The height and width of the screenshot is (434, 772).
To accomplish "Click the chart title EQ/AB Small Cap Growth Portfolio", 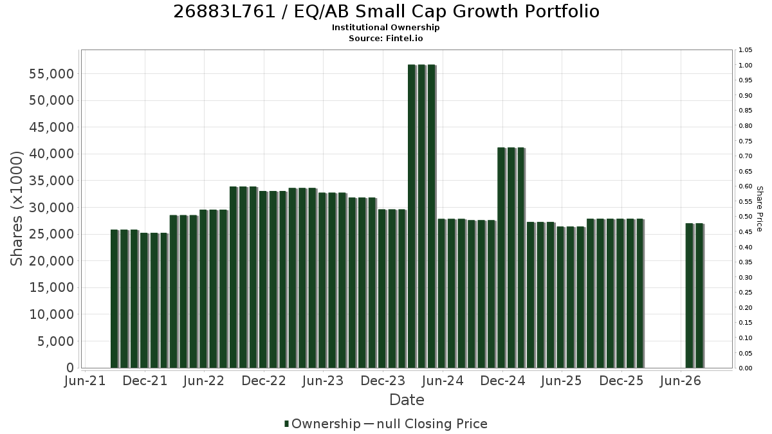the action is [x=446, y=12].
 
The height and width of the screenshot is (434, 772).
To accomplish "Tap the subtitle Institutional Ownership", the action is [x=385, y=28].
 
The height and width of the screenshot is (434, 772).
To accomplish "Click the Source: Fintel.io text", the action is [x=385, y=38].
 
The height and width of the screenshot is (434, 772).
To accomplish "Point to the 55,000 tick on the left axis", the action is [x=51, y=74].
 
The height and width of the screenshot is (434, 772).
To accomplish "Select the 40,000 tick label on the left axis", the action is [x=51, y=154].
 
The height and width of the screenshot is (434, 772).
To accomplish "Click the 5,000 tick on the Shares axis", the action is [x=56, y=341].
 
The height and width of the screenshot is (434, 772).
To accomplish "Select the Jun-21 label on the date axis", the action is [x=85, y=381].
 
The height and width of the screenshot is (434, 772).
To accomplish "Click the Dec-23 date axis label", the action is [x=383, y=381].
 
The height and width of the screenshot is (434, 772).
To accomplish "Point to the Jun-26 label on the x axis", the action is [x=681, y=381].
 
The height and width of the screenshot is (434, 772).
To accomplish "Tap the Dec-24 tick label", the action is [x=502, y=381].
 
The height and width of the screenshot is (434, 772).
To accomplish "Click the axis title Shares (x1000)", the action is [x=16, y=208].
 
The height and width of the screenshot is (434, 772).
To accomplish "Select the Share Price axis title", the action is [x=759, y=209].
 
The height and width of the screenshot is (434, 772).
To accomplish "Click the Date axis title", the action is [x=407, y=400].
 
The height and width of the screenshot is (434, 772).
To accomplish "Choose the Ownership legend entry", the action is [x=322, y=424].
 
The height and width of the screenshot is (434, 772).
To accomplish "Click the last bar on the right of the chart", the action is [x=699, y=296].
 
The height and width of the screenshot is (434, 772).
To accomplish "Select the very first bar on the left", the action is [x=115, y=299].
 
